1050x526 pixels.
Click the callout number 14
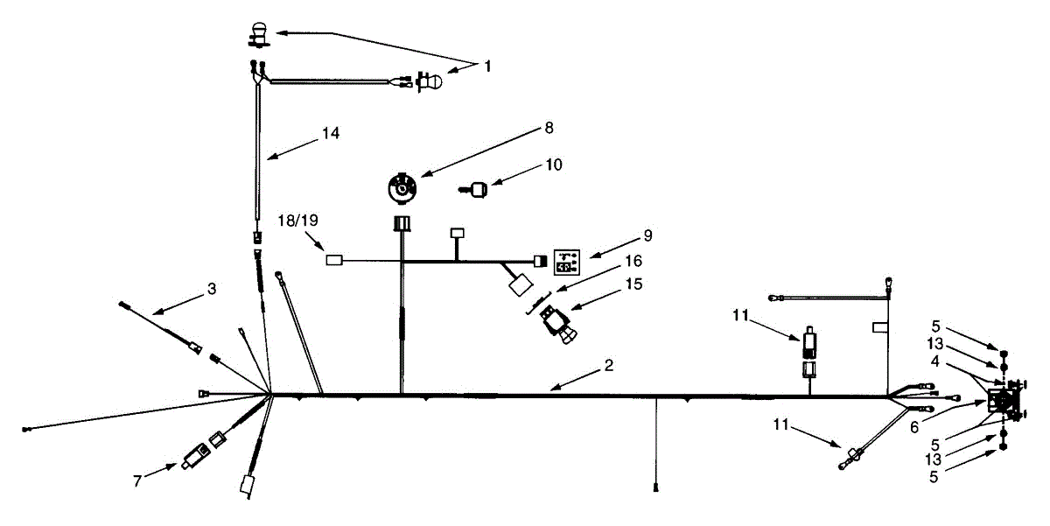click(331, 133)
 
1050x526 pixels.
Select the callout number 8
click(549, 128)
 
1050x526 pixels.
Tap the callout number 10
click(554, 165)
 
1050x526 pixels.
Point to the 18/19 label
click(298, 221)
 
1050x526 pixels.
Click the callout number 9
click(647, 235)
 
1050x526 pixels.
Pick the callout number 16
click(633, 261)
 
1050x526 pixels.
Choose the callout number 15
click(633, 284)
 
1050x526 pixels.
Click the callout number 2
click(609, 365)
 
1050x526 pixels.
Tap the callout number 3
click(212, 289)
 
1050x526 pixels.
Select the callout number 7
click(137, 480)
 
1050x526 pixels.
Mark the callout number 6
click(914, 428)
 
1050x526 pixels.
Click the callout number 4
click(934, 361)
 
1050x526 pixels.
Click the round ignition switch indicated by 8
click(402, 188)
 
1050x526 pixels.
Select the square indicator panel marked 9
click(567, 263)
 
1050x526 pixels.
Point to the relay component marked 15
click(559, 325)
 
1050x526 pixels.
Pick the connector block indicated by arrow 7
click(194, 456)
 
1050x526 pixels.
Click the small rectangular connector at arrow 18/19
click(334, 260)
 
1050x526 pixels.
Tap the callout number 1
click(487, 67)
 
